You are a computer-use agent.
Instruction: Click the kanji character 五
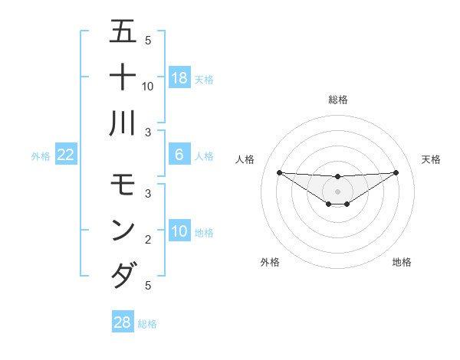tap(123, 32)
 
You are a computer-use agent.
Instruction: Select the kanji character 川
tap(123, 123)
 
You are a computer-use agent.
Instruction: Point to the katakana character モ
tap(123, 185)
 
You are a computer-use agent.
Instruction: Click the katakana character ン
tap(123, 230)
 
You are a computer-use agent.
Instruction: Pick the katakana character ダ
tap(123, 275)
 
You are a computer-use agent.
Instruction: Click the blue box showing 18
tap(179, 78)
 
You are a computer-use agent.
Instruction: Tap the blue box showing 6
tap(179, 155)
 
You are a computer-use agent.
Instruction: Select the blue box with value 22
tap(65, 155)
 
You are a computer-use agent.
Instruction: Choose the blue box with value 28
tap(123, 322)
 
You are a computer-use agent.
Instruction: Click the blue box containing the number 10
tap(179, 231)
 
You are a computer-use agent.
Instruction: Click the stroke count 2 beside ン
tap(147, 240)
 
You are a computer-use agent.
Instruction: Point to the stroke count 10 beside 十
tap(148, 86)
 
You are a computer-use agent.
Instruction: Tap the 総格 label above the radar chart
tap(337, 100)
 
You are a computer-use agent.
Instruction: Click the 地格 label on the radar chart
tap(402, 262)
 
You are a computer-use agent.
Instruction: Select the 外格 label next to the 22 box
tap(41, 155)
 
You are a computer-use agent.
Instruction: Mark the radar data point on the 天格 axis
tap(396, 172)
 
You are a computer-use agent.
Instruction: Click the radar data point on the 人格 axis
tap(279, 172)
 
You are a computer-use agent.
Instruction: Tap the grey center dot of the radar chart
tap(337, 191)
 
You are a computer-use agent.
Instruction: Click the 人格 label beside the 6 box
tap(204, 155)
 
